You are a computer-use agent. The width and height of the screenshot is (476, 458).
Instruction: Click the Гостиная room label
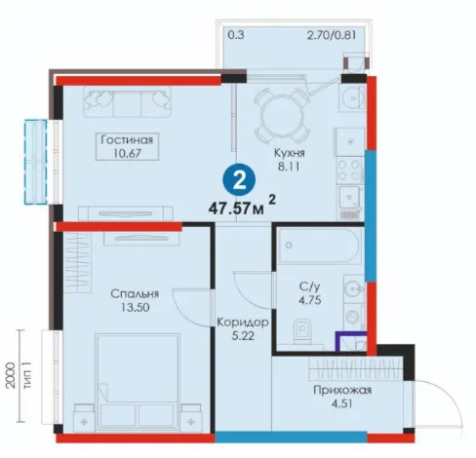(x=127, y=140)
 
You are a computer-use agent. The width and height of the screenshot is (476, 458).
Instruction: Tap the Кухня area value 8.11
(x=289, y=167)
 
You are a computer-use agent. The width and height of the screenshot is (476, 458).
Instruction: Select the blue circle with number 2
(x=239, y=179)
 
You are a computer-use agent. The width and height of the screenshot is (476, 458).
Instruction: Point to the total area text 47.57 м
(x=236, y=208)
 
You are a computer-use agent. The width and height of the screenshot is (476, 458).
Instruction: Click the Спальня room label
(x=135, y=294)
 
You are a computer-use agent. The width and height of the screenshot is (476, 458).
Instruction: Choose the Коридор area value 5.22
(x=243, y=336)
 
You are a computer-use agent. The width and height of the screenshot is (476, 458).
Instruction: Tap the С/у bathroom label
(x=309, y=286)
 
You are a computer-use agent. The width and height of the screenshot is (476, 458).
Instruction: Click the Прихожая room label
(x=342, y=390)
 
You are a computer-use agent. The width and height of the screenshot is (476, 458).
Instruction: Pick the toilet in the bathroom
(x=302, y=331)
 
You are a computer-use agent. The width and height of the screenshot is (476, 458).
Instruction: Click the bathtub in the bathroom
(x=319, y=246)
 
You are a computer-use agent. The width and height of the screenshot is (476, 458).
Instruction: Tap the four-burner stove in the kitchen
(x=350, y=171)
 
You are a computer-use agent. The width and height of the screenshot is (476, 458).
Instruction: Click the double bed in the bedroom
(x=138, y=383)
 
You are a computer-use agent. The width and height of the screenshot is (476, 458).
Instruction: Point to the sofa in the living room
(x=127, y=101)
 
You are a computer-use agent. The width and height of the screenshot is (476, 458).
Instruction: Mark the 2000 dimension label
(x=11, y=375)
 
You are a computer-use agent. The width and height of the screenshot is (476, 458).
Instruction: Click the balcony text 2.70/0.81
(x=332, y=35)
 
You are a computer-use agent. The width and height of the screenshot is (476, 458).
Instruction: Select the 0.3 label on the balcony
(x=236, y=35)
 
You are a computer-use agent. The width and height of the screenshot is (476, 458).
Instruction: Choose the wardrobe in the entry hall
(x=356, y=368)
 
